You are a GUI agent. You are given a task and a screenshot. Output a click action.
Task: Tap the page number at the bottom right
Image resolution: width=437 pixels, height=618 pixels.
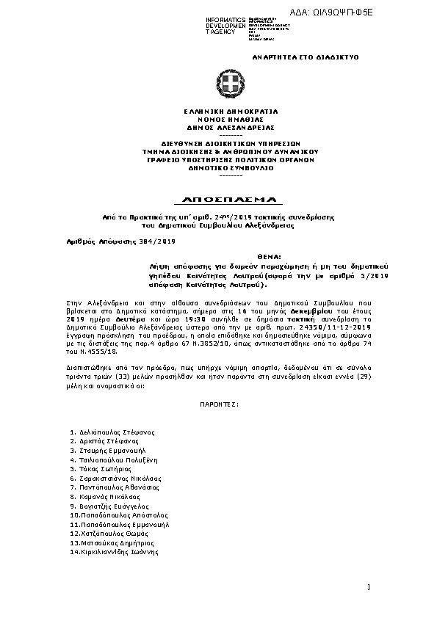coord(367,586)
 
